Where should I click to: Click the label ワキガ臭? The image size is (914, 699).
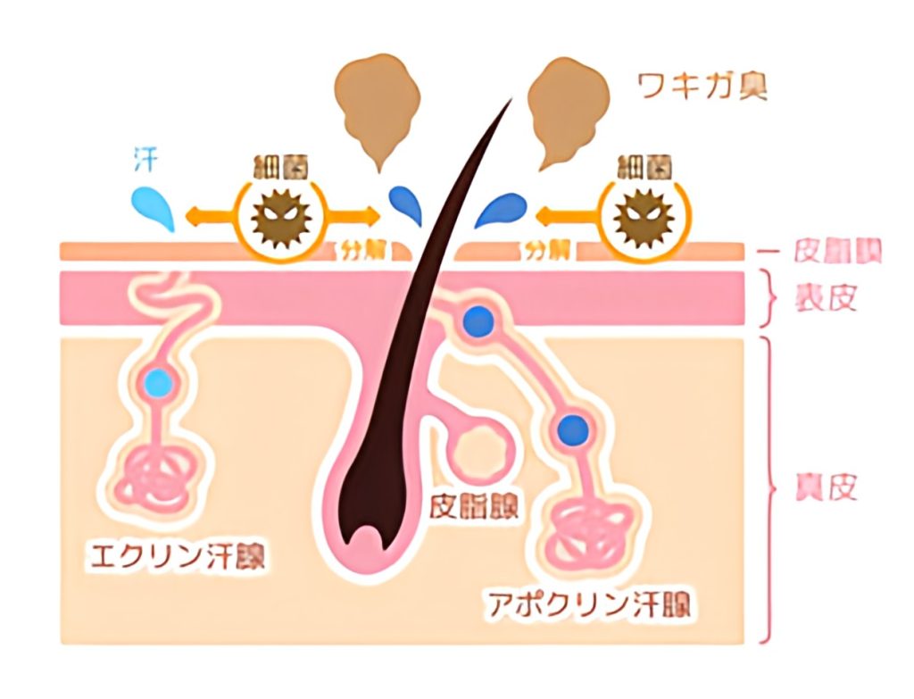pyautogui.click(x=702, y=87)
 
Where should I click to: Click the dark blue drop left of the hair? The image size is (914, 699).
pyautogui.click(x=407, y=206)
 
